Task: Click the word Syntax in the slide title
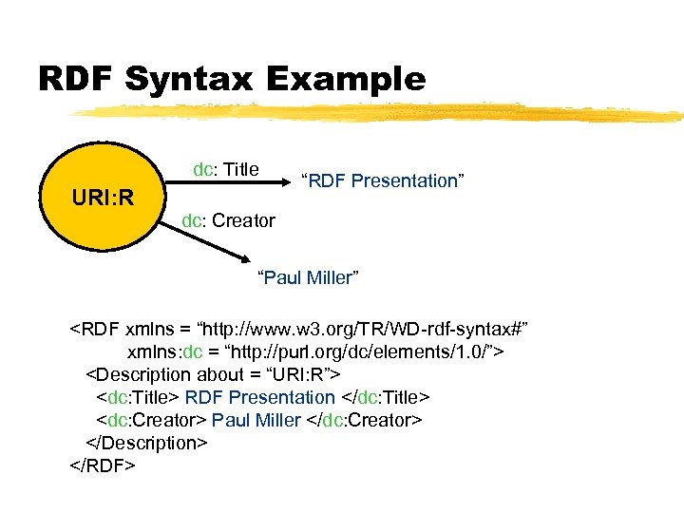(194, 80)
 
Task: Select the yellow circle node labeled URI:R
(102, 199)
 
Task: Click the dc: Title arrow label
(226, 169)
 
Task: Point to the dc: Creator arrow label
(229, 220)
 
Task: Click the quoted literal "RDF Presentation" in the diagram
(382, 180)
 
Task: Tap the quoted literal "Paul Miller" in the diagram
(309, 277)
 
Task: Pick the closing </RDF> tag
(103, 465)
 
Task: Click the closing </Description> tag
(146, 443)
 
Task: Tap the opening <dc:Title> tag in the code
(137, 397)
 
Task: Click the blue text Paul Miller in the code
(256, 420)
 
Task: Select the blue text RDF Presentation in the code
(259, 397)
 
